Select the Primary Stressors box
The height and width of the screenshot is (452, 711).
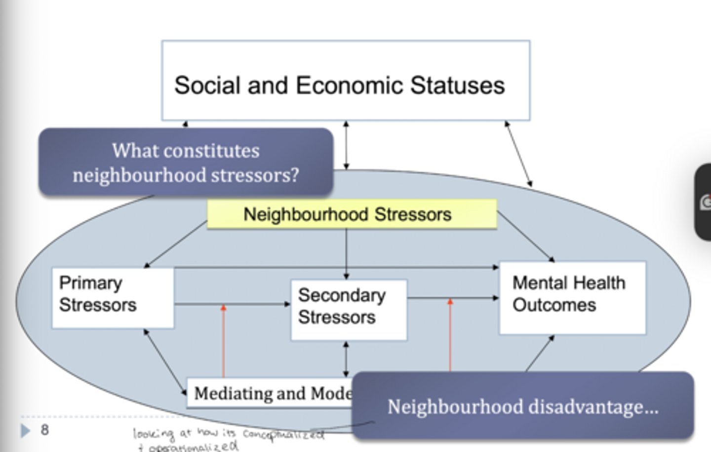point(113,298)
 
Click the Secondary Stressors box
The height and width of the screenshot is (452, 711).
point(349,310)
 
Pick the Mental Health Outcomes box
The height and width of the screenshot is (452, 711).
point(572,298)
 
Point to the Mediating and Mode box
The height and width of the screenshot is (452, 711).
point(269,393)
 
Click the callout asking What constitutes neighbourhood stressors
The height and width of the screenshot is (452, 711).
point(186,163)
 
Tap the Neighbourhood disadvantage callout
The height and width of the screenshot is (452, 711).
point(522,407)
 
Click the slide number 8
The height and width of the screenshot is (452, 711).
point(44,430)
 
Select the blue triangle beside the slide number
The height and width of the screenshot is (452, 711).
point(25,431)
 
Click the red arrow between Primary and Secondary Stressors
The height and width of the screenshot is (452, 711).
point(223,341)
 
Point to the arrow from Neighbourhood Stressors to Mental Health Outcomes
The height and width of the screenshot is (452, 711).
point(525,236)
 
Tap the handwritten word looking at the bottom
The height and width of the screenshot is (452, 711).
point(153,434)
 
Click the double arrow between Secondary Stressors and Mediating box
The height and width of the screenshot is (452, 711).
point(346,359)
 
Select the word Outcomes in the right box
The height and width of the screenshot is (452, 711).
point(554,305)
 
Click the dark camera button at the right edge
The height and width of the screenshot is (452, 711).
point(704,203)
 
